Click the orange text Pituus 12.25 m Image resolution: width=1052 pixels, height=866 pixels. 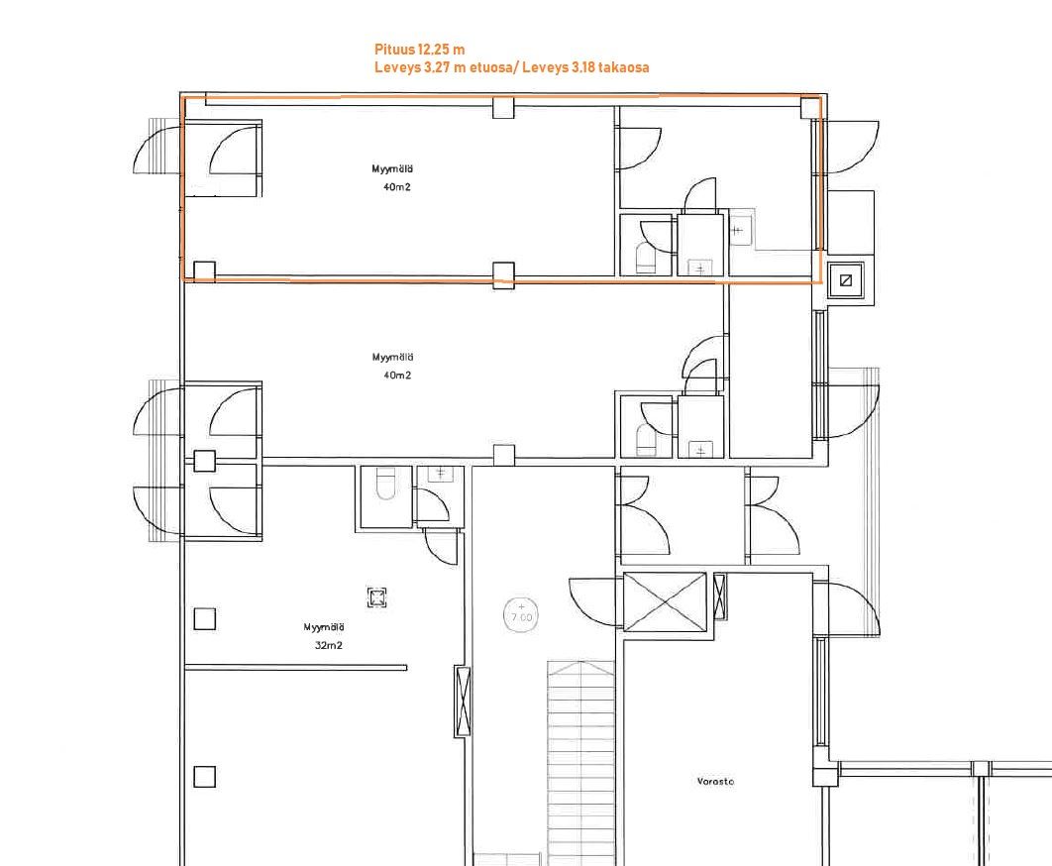pyautogui.click(x=419, y=50)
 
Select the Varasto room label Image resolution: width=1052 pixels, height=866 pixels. pyautogui.click(x=715, y=782)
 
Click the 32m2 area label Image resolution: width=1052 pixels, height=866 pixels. pyautogui.click(x=329, y=646)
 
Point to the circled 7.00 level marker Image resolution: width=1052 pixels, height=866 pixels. pyautogui.click(x=521, y=614)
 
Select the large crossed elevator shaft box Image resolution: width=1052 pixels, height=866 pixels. pyautogui.click(x=665, y=602)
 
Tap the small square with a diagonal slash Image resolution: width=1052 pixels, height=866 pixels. pyautogui.click(x=846, y=280)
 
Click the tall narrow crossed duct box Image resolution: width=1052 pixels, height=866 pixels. pyautogui.click(x=463, y=702)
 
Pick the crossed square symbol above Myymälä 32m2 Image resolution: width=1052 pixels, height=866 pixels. pyautogui.click(x=377, y=597)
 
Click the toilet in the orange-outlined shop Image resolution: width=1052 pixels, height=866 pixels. pyautogui.click(x=646, y=259)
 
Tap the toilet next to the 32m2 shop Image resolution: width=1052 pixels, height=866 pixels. pyautogui.click(x=385, y=484)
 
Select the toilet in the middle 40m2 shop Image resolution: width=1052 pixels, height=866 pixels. pyautogui.click(x=646, y=440)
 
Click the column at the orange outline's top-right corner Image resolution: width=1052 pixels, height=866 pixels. pyautogui.click(x=810, y=108)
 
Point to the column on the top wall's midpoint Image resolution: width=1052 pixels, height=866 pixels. pyautogui.click(x=503, y=107)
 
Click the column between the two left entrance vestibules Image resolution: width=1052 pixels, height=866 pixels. pyautogui.click(x=205, y=461)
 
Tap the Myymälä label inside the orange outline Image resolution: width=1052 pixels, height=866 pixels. pyautogui.click(x=392, y=169)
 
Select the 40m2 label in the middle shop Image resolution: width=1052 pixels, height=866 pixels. pyautogui.click(x=397, y=376)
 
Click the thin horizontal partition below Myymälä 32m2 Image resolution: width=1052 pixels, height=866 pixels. pyautogui.click(x=296, y=667)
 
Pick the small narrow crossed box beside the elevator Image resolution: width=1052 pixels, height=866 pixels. pyautogui.click(x=720, y=596)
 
